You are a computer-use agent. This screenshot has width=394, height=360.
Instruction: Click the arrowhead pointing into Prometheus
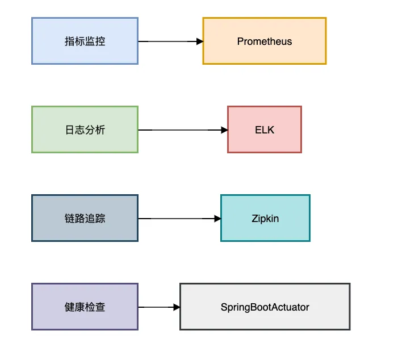tap(199, 41)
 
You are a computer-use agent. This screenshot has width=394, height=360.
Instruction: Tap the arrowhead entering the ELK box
tap(224, 130)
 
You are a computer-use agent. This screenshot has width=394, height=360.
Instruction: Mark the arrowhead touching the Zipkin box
tap(217, 219)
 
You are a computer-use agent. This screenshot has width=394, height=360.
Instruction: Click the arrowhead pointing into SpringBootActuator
tap(177, 307)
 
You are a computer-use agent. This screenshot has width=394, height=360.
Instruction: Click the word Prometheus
tap(265, 41)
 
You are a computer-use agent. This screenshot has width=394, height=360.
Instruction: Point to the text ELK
tap(265, 130)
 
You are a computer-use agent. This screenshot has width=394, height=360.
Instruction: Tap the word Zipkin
tap(265, 219)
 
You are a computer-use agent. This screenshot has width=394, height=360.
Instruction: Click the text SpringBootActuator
tap(265, 307)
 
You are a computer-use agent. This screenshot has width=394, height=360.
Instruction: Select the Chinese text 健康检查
tap(85, 307)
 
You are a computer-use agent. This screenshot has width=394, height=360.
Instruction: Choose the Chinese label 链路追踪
tap(85, 219)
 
